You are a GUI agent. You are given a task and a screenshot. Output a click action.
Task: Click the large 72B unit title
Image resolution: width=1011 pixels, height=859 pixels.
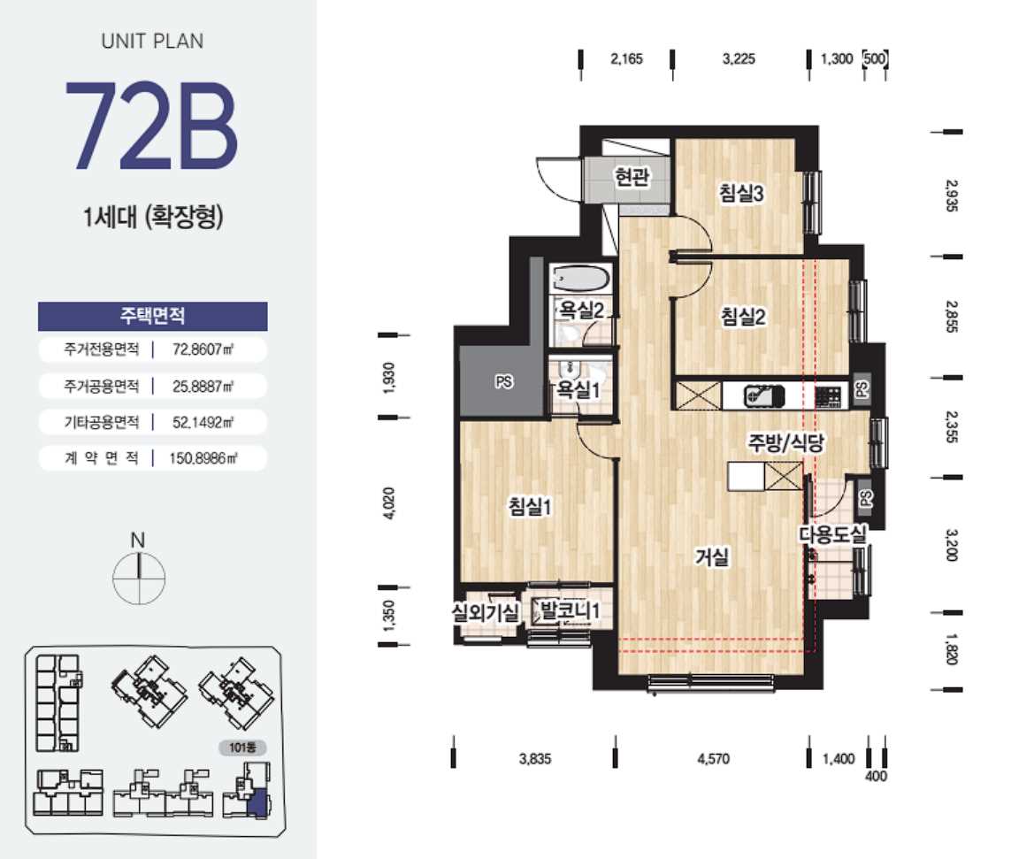tap(151, 127)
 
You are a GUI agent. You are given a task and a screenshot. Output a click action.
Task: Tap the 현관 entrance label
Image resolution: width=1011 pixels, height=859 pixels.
tap(632, 176)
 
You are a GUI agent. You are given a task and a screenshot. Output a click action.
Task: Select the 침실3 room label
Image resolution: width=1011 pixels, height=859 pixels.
tap(741, 193)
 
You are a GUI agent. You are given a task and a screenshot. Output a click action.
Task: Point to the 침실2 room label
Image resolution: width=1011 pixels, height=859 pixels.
tap(743, 317)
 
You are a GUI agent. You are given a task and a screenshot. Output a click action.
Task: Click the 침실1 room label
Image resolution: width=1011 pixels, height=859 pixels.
tap(530, 506)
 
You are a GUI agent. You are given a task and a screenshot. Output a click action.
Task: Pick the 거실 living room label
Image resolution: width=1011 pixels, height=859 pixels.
tap(712, 556)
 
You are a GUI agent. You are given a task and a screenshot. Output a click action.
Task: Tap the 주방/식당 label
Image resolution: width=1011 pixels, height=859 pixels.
tap(786, 442)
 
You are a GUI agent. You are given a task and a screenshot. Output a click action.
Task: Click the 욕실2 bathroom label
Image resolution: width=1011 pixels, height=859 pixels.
tap(581, 311)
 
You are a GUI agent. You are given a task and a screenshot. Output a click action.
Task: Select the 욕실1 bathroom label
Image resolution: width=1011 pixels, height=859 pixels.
tap(579, 389)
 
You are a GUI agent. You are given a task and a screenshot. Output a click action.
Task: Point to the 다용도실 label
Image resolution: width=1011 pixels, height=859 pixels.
tap(833, 534)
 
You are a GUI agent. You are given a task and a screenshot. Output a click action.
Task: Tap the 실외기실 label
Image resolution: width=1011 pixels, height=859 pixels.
tap(486, 611)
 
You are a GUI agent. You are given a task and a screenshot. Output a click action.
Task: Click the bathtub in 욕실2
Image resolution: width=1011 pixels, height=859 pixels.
tap(580, 280)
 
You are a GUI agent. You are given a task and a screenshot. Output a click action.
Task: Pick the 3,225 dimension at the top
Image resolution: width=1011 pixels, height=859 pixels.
tap(739, 59)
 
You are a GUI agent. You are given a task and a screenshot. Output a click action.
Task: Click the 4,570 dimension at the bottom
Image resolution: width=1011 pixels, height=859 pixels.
tap(714, 759)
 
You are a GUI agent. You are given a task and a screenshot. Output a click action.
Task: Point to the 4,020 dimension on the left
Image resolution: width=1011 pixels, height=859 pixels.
tap(389, 503)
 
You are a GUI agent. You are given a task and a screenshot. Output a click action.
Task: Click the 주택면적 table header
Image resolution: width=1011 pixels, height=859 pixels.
tap(153, 316)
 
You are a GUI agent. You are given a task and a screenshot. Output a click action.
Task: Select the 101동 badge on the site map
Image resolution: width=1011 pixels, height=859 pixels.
tap(242, 748)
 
